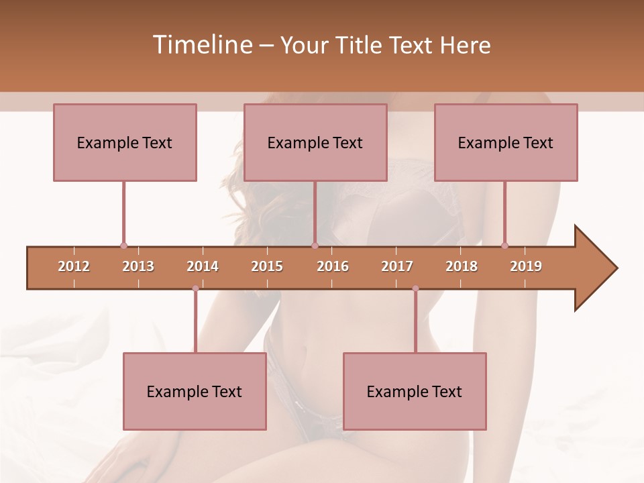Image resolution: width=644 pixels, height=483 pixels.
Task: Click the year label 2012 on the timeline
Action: [74, 266]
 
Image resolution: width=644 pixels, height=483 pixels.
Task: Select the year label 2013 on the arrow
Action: [138, 266]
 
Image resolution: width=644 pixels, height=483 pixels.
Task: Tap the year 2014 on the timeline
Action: [203, 266]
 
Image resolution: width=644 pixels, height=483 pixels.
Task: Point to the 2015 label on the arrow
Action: [267, 266]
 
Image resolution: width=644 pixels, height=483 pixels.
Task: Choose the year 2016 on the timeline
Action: [333, 266]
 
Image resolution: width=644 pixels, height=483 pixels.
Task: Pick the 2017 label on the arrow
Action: [397, 266]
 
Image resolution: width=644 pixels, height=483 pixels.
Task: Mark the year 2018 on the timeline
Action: [462, 266]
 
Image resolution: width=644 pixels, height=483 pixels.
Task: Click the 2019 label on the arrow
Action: [526, 266]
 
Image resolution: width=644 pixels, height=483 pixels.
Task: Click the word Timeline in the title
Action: [201, 45]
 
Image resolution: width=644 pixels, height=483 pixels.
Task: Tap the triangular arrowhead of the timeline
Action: [594, 268]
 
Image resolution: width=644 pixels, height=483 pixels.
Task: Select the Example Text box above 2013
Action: [125, 142]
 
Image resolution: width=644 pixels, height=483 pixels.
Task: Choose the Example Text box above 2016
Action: [315, 142]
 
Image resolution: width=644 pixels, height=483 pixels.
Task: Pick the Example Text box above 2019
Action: [506, 142]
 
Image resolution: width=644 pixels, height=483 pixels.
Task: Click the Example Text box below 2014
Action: [195, 391]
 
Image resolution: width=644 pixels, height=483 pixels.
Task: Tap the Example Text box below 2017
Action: [415, 391]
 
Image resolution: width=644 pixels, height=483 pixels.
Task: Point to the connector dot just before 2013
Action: [123, 246]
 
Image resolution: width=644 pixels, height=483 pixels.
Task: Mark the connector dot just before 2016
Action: [315, 246]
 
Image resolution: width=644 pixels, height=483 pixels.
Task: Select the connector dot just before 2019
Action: [504, 246]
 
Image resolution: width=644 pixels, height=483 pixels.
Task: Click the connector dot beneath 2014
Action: [195, 288]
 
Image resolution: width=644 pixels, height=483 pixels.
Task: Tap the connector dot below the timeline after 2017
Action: [415, 288]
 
